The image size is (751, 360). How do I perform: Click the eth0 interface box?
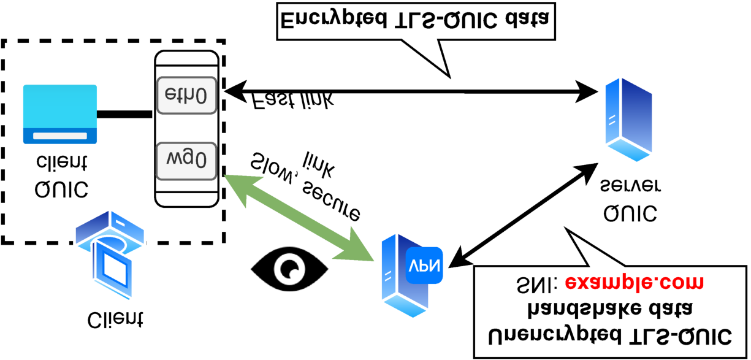(187, 95)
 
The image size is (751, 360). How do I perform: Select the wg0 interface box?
(187, 159)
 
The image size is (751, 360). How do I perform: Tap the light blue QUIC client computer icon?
(60, 114)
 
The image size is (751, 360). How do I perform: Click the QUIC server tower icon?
(627, 119)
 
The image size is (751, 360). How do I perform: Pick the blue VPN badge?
(424, 265)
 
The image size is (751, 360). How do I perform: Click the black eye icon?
(289, 268)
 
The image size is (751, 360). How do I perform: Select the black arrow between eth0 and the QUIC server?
(411, 92)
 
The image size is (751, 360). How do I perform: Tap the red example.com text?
(634, 283)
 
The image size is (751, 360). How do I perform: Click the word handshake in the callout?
(577, 309)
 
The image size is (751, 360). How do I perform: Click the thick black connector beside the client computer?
(124, 113)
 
